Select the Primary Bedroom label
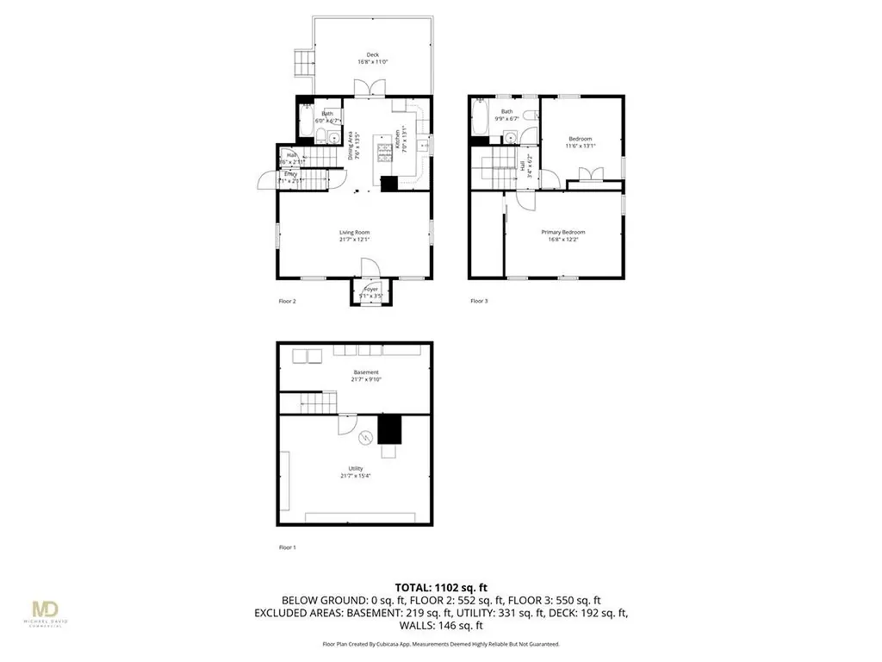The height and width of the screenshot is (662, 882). pyautogui.click(x=563, y=232)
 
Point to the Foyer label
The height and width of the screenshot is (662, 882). pyautogui.click(x=371, y=290)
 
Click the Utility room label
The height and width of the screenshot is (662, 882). pyautogui.click(x=354, y=468)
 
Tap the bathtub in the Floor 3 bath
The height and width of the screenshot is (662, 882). pyautogui.click(x=480, y=120)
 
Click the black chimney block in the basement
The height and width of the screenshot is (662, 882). pyautogui.click(x=389, y=428)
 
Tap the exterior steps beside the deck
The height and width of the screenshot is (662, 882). pyautogui.click(x=303, y=61)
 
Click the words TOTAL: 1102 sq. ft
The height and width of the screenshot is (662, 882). pyautogui.click(x=441, y=587)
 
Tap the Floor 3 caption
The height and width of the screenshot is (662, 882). pyautogui.click(x=479, y=301)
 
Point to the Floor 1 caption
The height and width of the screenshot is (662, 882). pyautogui.click(x=287, y=547)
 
